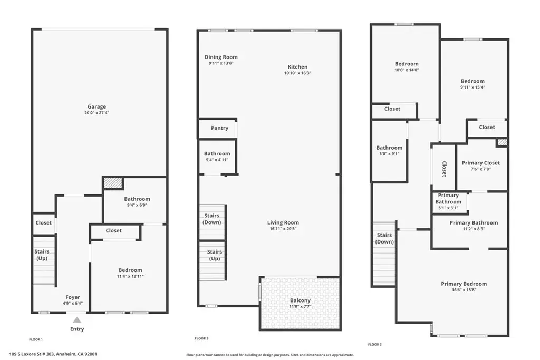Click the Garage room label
point(97,106)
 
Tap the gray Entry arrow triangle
point(77,320)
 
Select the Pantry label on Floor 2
point(219,128)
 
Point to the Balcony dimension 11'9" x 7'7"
point(300,306)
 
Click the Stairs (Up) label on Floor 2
point(215,255)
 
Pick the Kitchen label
point(297,67)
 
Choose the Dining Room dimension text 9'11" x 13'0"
point(221,63)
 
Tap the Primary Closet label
point(481,163)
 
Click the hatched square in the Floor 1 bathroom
point(113,183)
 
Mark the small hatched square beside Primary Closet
point(502,142)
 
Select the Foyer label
point(73,297)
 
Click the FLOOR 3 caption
point(375,344)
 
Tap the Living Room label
point(283,222)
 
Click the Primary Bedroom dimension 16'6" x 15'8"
point(464,290)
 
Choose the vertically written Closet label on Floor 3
point(444,169)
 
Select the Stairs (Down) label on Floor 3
point(384,238)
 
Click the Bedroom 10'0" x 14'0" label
point(407,64)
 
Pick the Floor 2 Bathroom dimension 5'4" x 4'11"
point(217,160)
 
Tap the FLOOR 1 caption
point(36,339)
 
